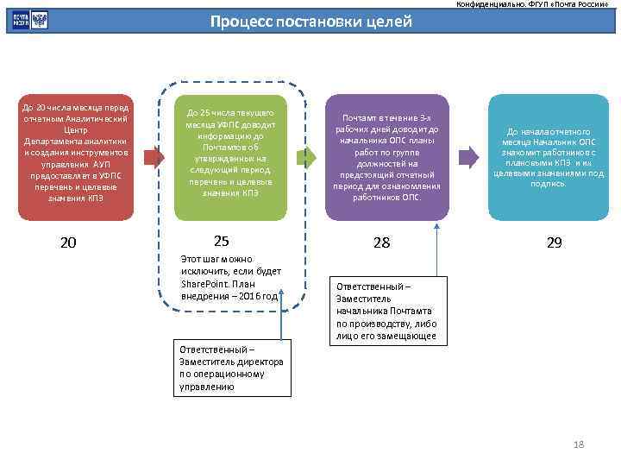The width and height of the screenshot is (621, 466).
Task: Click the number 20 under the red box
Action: tap(68, 243)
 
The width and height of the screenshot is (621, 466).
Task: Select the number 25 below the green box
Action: tap(221, 241)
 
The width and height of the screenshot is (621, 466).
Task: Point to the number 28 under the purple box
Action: tap(381, 243)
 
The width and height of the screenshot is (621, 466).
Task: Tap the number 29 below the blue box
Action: tap(554, 243)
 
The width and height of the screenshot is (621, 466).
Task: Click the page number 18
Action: tap(579, 444)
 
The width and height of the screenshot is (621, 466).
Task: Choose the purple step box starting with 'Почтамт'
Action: tap(387, 156)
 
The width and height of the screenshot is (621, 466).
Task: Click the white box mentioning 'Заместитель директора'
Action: tap(229, 368)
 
